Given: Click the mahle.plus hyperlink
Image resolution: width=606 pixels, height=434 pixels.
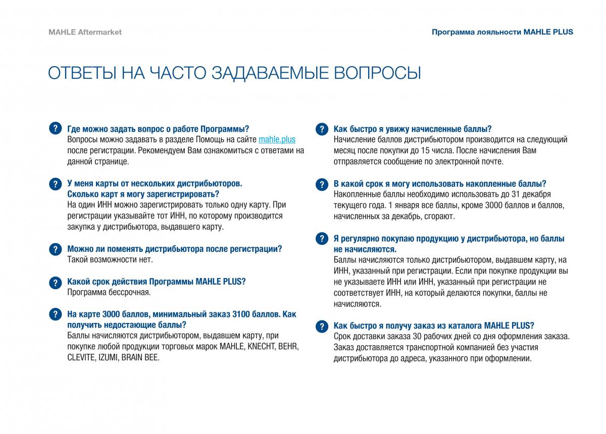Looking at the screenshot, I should [x=277, y=140].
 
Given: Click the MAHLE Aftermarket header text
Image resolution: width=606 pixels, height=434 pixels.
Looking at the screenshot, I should [x=85, y=32].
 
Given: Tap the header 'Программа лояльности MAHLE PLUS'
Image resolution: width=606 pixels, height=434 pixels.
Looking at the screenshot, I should [x=502, y=32].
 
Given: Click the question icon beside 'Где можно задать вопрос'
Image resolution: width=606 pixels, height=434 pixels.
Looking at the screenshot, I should [x=56, y=129].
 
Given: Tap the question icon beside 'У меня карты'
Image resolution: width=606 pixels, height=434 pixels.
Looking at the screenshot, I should [x=56, y=184].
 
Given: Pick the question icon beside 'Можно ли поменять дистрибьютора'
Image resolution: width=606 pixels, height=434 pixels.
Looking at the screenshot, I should [x=56, y=249].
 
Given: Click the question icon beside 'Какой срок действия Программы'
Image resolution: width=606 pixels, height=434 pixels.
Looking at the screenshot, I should [x=56, y=282].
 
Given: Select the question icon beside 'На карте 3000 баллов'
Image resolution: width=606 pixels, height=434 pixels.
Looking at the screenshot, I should [x=56, y=314].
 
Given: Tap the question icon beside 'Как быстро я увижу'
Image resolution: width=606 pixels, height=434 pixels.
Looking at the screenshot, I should [x=322, y=129].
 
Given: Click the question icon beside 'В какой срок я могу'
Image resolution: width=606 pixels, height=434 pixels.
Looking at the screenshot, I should [x=322, y=184].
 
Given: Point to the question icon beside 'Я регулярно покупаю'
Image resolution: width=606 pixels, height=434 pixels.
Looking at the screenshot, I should [x=322, y=239].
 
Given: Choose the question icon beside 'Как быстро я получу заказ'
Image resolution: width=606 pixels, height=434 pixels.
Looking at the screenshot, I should [x=322, y=326].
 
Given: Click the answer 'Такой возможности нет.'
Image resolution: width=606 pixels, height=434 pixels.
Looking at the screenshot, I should [x=110, y=260].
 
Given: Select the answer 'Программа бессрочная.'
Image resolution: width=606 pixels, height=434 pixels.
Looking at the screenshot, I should [x=109, y=292].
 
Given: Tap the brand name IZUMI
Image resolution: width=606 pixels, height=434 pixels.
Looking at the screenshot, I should [x=108, y=358].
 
